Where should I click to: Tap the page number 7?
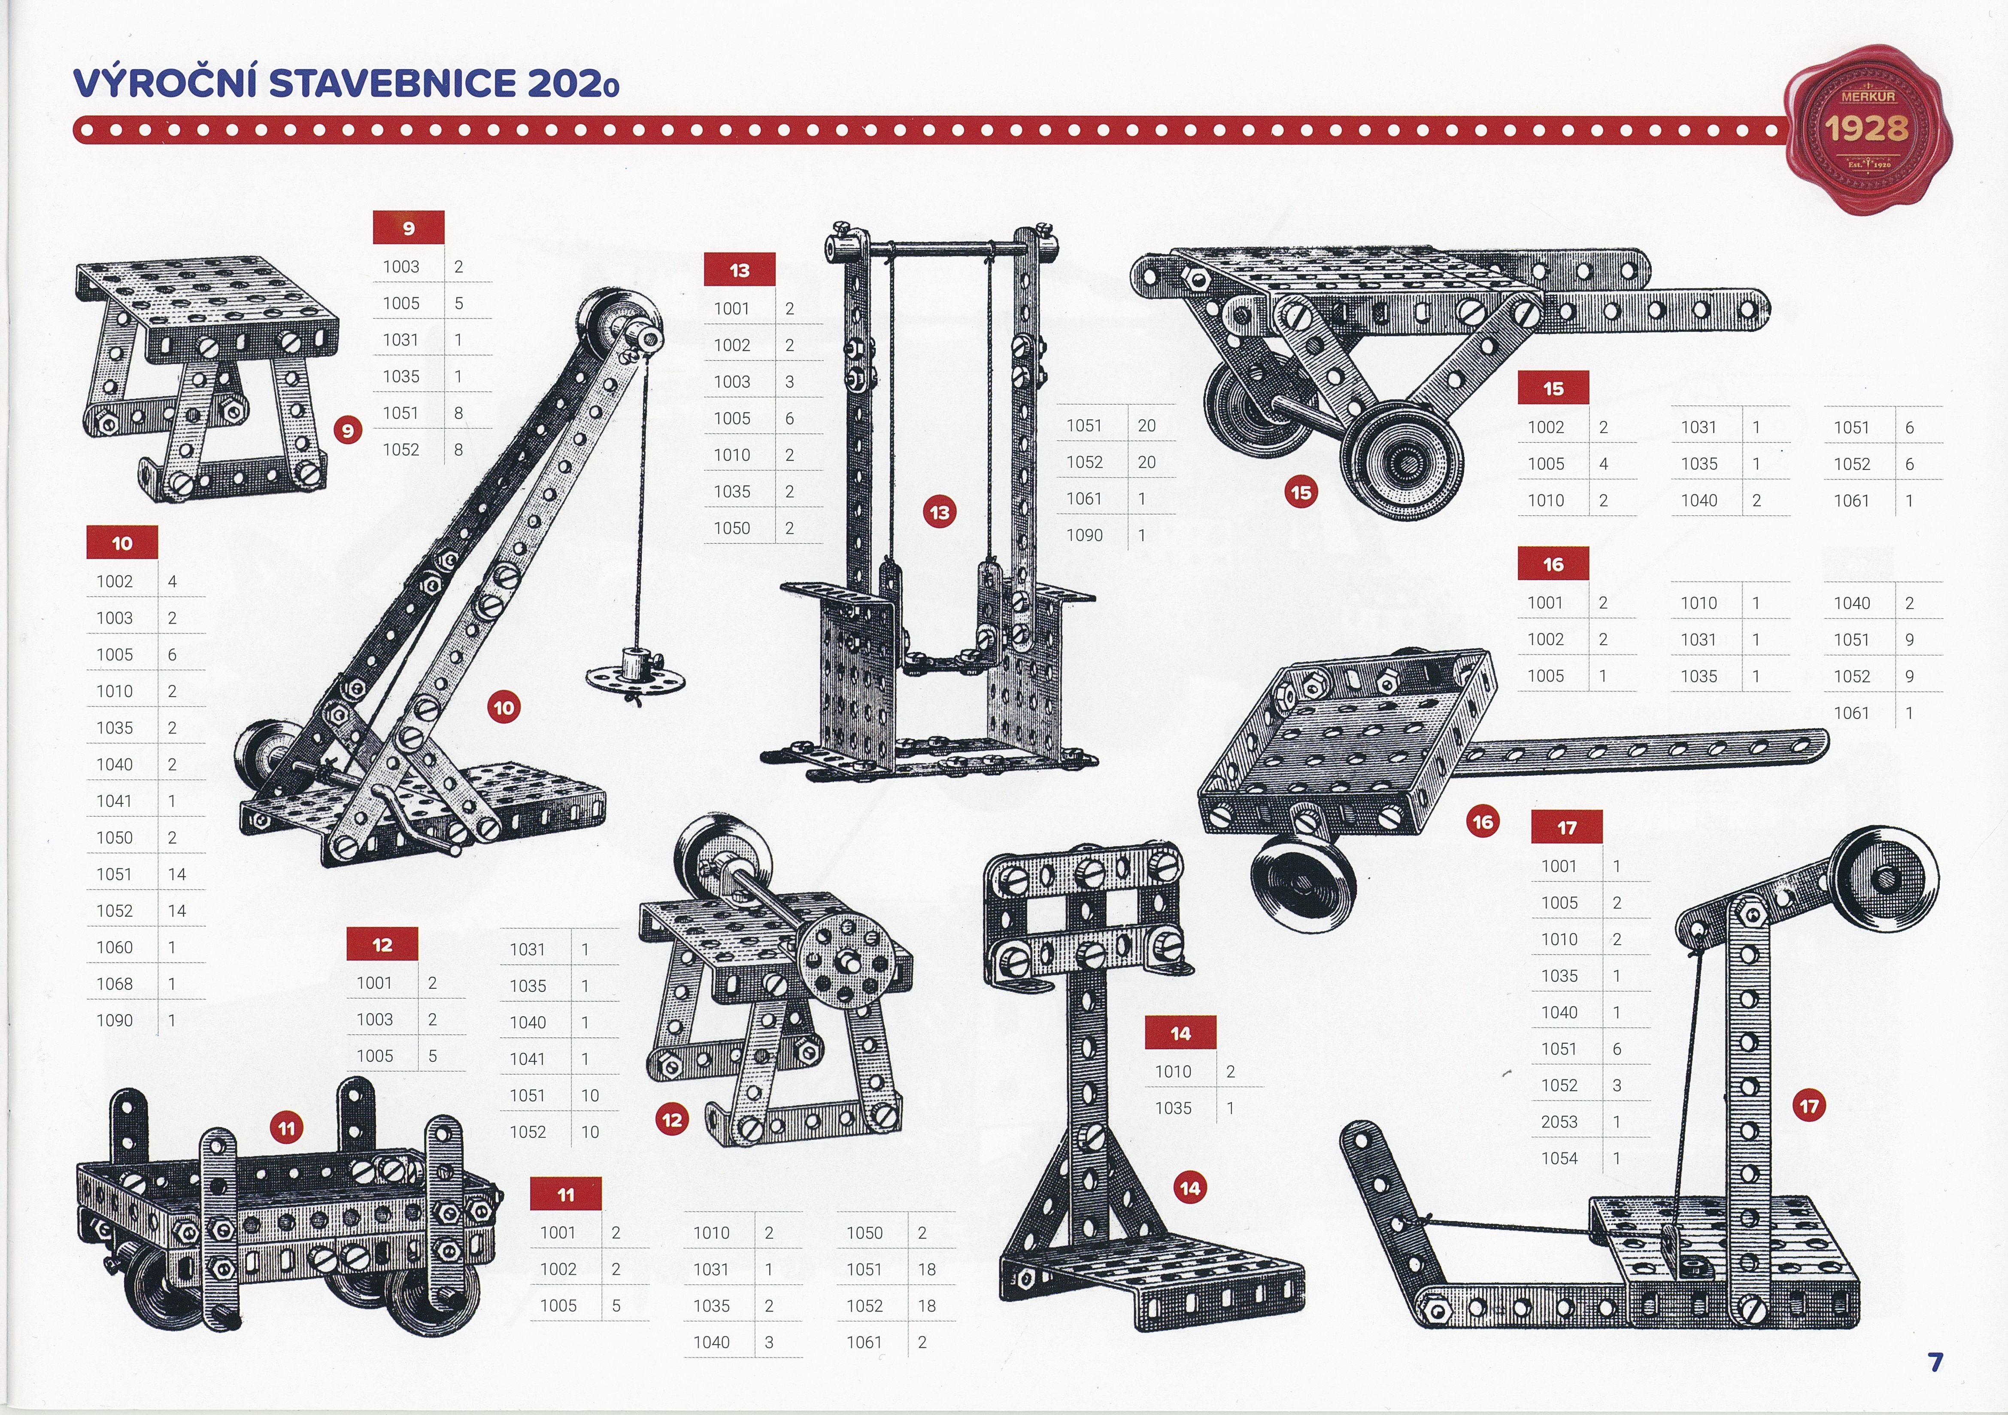[1935, 1362]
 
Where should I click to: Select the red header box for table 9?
[408, 227]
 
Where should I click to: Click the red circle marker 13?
[939, 512]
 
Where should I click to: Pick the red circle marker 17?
[1808, 1106]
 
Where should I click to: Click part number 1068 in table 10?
[115, 984]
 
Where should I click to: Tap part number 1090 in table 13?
[1084, 535]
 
